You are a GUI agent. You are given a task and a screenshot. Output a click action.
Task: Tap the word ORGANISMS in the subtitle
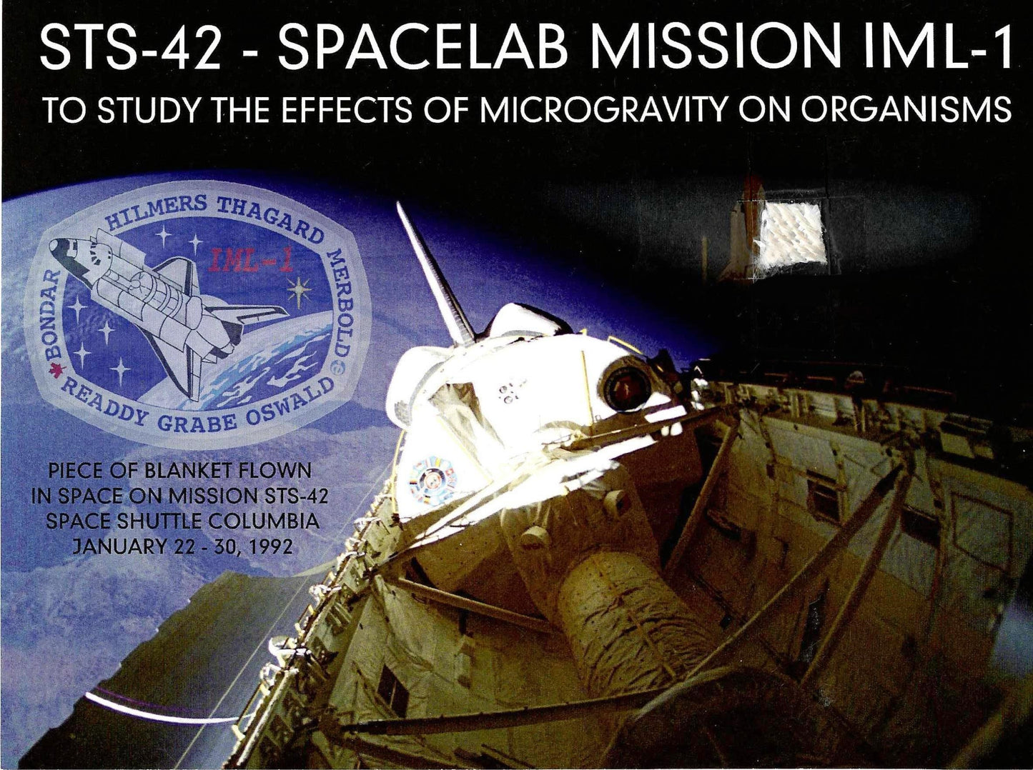click(x=905, y=110)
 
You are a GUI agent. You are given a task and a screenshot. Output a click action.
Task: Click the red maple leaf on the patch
click(x=56, y=371)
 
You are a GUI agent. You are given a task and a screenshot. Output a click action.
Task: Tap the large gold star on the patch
click(x=300, y=290)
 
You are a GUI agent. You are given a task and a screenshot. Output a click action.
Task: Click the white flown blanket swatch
click(x=793, y=240)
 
